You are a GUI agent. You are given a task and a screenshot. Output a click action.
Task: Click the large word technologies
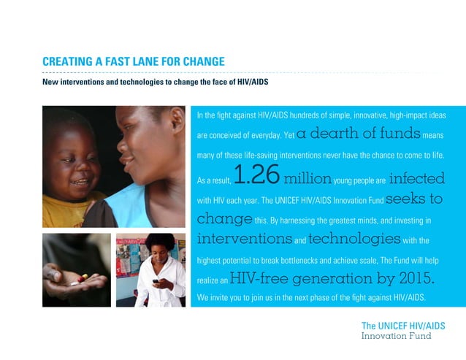(354, 239)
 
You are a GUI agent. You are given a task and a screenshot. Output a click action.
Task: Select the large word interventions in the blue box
(245, 239)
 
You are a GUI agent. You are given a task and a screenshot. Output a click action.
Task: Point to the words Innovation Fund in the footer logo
(397, 336)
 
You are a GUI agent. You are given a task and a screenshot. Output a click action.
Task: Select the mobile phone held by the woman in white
(155, 281)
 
